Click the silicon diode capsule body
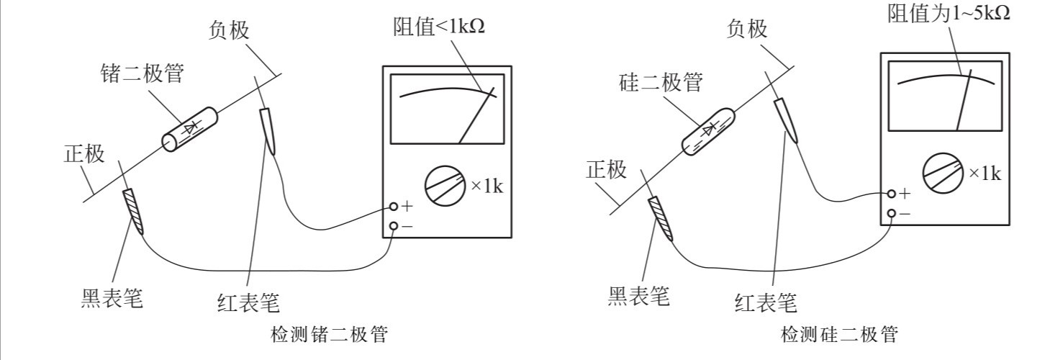tap(708, 131)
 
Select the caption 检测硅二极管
tap(840, 334)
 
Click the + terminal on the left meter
tap(394, 207)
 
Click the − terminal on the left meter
tap(394, 226)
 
